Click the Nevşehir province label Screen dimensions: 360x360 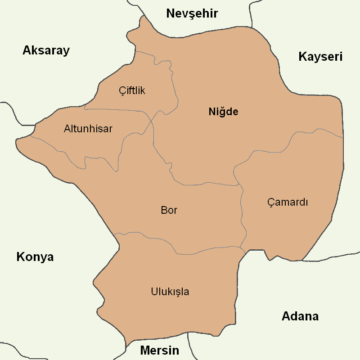[192, 13]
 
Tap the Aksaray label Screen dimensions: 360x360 [46, 50]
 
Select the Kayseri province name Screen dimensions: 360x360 [320, 57]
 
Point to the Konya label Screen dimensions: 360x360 [35, 257]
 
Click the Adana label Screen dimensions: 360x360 [300, 316]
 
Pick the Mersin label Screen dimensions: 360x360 [159, 351]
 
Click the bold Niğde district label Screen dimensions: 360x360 [223, 112]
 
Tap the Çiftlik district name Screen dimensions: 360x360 [132, 90]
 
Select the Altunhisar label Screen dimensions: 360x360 [88, 129]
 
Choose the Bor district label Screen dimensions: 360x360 [169, 210]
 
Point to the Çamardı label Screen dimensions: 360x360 [288, 202]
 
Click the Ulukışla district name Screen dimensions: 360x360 [170, 292]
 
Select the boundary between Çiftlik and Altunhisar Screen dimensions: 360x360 [117, 109]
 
